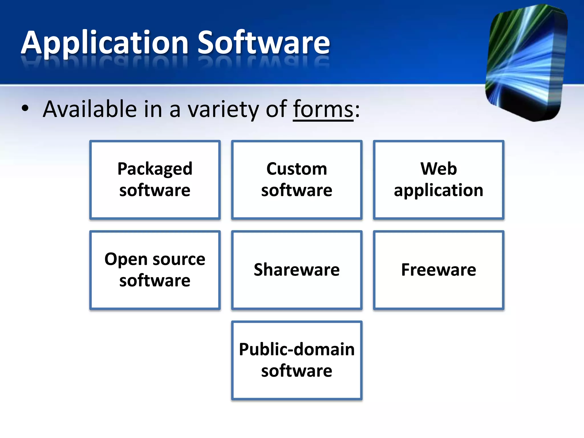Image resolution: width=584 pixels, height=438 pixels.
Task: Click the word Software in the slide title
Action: click(x=264, y=43)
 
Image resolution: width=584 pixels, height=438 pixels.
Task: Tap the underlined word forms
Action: click(x=323, y=109)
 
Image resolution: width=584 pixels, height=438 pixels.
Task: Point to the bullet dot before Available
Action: click(x=25, y=108)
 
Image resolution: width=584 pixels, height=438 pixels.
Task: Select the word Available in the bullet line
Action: click(x=90, y=109)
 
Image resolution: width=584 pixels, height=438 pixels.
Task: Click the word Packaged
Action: click(x=155, y=169)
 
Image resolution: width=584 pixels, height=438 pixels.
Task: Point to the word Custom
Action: click(x=297, y=169)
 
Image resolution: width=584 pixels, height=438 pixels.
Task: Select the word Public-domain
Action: click(x=297, y=349)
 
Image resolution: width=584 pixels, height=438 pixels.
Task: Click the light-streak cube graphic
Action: click(x=526, y=63)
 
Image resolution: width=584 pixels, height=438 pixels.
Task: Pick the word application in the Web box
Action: click(x=439, y=190)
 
